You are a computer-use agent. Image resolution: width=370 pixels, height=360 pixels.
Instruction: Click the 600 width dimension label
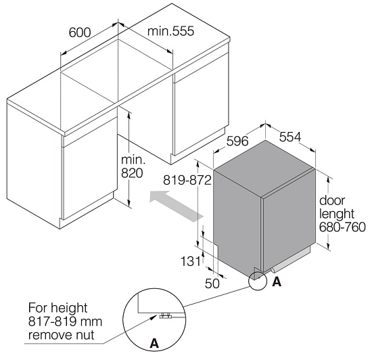pos(80,32)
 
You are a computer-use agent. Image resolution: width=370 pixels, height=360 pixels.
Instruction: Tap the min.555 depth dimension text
pos(170,31)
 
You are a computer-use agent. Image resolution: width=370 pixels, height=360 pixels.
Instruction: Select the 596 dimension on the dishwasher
pos(237,141)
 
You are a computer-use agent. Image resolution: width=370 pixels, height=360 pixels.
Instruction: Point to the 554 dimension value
pos(290,137)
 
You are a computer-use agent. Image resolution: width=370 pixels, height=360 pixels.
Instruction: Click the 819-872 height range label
pos(187,181)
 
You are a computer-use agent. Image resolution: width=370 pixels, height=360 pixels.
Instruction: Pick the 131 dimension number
pos(191,261)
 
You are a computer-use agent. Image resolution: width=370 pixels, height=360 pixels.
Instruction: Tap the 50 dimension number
pos(212,284)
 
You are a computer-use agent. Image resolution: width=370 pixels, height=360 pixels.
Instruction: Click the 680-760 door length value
pos(342,227)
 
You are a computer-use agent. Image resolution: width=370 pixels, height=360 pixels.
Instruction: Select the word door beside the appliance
pos(332,200)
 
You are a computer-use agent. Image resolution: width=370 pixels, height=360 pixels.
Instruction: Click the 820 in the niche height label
pos(132,173)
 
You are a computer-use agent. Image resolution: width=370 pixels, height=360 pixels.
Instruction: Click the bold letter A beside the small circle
pos(277,282)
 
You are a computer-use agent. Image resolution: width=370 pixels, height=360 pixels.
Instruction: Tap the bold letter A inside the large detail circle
pos(154,343)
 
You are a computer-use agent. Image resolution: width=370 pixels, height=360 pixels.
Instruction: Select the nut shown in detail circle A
pos(165,315)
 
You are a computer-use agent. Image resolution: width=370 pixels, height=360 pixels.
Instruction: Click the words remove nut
pos(62,335)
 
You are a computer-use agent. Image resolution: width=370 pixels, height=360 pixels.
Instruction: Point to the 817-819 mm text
pos(65,321)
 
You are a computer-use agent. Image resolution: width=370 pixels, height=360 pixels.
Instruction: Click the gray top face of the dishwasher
pos(264,168)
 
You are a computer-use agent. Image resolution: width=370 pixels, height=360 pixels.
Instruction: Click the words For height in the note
pos(57,308)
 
